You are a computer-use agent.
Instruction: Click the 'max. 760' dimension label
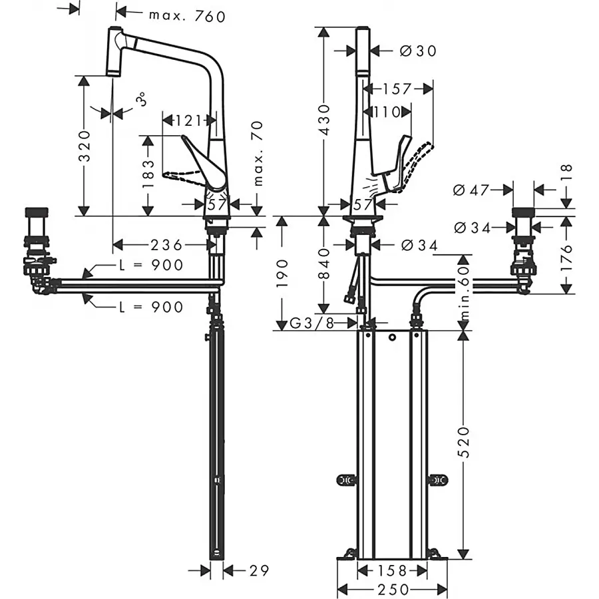click(x=187, y=16)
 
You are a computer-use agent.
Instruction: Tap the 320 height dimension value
click(x=85, y=146)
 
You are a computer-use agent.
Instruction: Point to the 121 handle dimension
click(x=188, y=120)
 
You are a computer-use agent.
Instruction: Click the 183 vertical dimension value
click(x=148, y=174)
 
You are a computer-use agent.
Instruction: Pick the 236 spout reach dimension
click(x=167, y=245)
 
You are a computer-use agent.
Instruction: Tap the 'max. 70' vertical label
click(x=258, y=154)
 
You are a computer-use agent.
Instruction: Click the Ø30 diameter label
click(x=418, y=51)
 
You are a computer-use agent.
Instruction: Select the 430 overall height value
click(x=324, y=120)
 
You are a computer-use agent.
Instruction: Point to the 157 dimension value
click(x=397, y=89)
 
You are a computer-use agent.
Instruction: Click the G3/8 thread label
click(x=311, y=323)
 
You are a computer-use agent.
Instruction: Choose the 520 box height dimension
click(x=463, y=442)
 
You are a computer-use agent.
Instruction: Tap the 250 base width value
click(x=393, y=590)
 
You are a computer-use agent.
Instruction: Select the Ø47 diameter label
click(x=471, y=190)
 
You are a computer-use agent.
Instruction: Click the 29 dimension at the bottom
click(x=260, y=571)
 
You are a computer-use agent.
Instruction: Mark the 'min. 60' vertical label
click(x=463, y=293)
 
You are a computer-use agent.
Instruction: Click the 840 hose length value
click(x=324, y=264)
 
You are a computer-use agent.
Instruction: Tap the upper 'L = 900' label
click(x=151, y=265)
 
